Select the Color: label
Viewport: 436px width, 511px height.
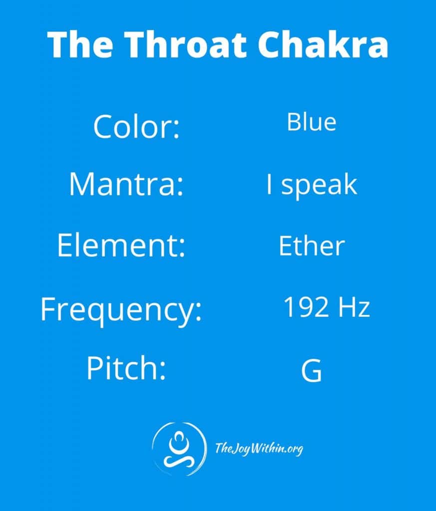click(x=136, y=126)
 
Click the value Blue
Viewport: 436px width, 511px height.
click(x=312, y=122)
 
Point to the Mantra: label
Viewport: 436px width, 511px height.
click(x=126, y=184)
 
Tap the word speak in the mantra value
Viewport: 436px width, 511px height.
click(x=319, y=186)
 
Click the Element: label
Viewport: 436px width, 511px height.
click(x=121, y=245)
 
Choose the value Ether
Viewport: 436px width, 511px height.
click(x=312, y=246)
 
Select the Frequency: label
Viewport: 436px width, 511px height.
click(x=121, y=309)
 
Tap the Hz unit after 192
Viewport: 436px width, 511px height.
click(x=354, y=307)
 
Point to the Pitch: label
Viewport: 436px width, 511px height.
click(x=126, y=368)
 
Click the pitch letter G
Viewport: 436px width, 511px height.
click(x=312, y=370)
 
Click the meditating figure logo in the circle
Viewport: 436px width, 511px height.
click(x=179, y=449)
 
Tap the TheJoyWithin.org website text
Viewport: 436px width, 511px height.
click(x=259, y=449)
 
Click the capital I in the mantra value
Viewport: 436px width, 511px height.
click(x=269, y=184)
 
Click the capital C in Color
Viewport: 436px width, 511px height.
click(x=104, y=126)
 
